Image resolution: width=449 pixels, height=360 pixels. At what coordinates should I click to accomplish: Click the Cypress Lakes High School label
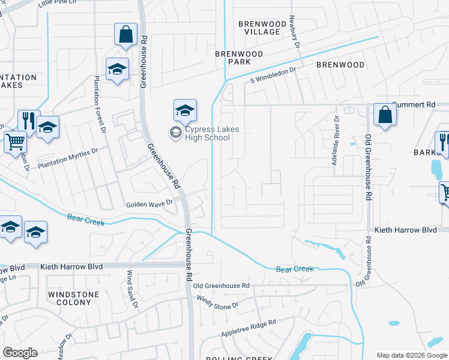(208, 133)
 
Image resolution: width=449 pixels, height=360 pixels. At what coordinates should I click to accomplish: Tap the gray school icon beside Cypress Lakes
(175, 133)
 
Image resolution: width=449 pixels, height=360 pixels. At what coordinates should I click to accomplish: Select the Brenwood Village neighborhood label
(262, 28)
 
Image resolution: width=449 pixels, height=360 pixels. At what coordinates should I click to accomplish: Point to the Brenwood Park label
(240, 58)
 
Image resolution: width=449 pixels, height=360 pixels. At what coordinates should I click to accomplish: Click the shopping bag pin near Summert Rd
(384, 115)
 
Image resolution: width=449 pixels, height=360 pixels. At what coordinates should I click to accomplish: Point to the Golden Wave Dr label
(149, 205)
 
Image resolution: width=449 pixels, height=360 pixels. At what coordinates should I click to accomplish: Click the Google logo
(20, 353)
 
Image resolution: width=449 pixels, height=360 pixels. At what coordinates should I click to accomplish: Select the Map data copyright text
(412, 355)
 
